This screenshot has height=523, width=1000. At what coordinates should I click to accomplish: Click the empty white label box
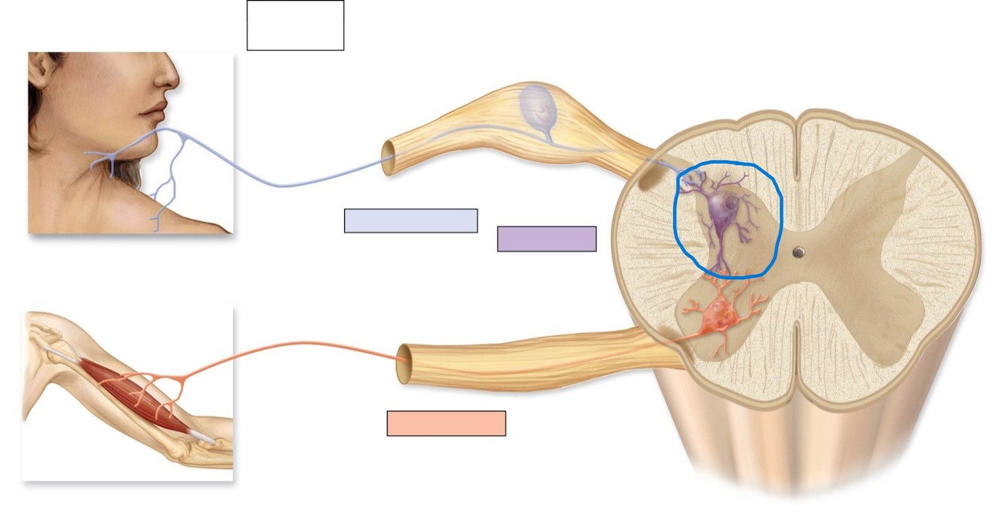[x=295, y=26]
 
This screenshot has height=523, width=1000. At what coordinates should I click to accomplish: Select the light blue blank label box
[x=411, y=221]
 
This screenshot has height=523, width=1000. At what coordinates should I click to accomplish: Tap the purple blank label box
[x=546, y=239]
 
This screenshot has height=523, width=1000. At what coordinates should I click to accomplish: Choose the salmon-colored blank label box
[x=446, y=423]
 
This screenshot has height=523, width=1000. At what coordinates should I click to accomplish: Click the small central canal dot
[x=799, y=252]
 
